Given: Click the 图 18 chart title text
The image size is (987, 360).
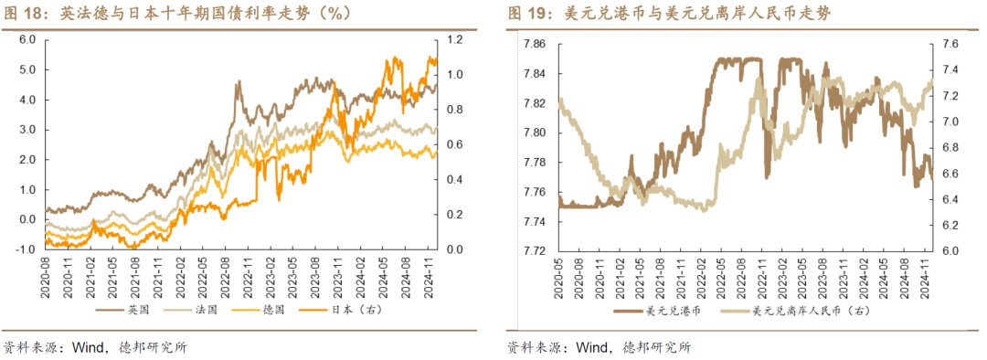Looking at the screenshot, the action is pos(177,14).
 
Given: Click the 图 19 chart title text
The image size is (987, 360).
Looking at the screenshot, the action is pos(668,14).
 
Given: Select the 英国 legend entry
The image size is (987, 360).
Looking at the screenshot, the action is pos(115,310).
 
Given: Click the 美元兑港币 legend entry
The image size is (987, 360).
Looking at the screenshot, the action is pos(665,311).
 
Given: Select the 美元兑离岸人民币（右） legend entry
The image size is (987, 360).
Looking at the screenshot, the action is pos(796,311).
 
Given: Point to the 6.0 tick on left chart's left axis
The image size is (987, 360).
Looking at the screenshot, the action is pos(27,39).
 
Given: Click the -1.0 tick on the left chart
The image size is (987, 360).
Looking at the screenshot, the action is pos(25,249).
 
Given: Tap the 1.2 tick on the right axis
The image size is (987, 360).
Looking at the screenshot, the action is pos(456,39).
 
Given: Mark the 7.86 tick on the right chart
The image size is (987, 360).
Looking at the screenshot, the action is pos(533,44).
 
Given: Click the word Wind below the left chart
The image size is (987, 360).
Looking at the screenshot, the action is pos(86,348).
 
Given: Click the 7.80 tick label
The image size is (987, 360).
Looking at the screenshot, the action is pos(533,132).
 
